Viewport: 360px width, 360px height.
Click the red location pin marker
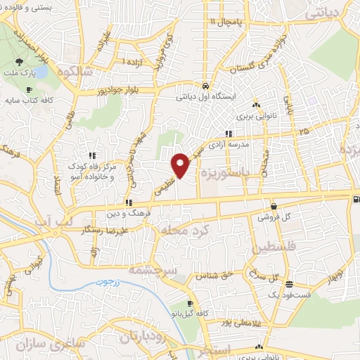click(181, 165)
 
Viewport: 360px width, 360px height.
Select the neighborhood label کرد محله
click(184, 231)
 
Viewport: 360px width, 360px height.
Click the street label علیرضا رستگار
click(104, 230)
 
